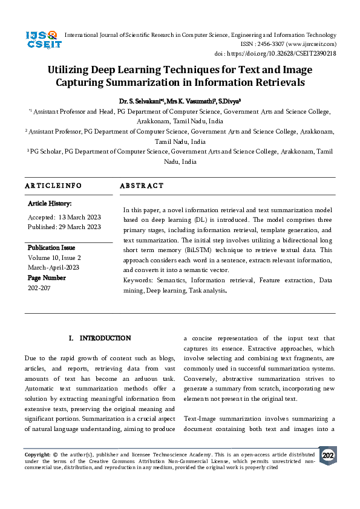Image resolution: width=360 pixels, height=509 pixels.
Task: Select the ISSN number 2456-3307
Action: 269,44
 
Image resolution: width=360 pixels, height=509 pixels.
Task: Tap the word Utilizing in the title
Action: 74,70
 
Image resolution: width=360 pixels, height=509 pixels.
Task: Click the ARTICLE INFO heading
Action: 53,186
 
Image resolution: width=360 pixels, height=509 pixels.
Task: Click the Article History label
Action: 50,204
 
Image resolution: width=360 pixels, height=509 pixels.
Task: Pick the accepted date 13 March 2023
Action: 79,217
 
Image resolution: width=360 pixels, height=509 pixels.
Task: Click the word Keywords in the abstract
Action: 137,280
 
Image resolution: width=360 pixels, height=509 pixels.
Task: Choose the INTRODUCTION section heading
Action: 105,338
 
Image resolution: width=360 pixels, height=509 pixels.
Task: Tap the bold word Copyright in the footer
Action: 37,454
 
